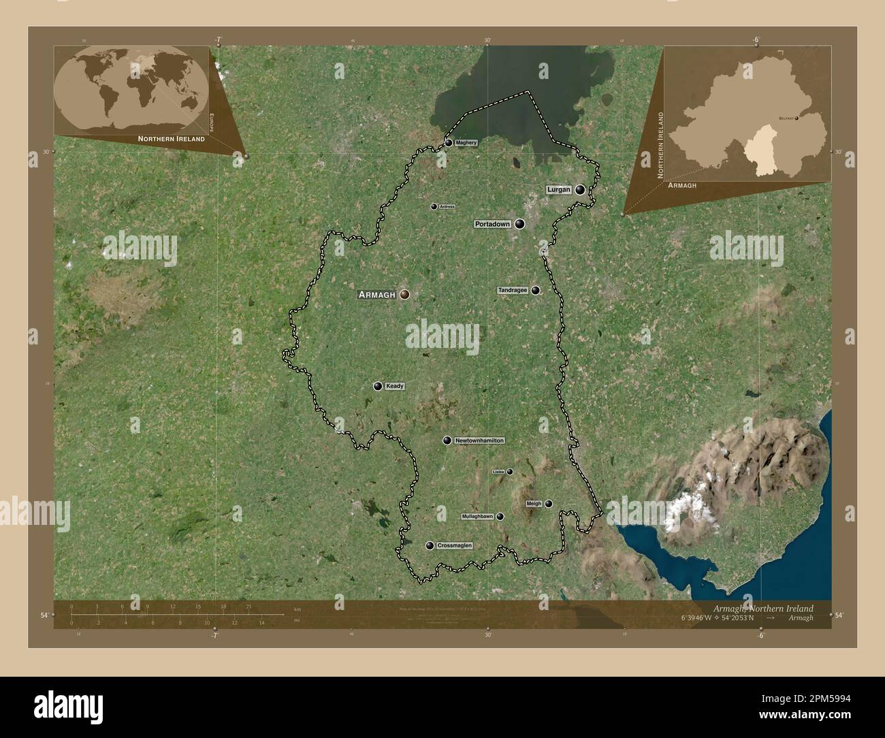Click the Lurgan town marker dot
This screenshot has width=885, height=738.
click(x=580, y=190)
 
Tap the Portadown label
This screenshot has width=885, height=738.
click(x=492, y=224)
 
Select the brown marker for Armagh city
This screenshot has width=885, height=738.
click(x=404, y=294)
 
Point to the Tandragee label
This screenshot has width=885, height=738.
click(x=513, y=291)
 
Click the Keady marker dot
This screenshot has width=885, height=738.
click(x=378, y=386)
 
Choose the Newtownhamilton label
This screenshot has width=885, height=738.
click(x=479, y=441)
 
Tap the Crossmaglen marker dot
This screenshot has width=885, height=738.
click(x=430, y=545)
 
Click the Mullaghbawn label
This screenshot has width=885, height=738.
click(x=478, y=517)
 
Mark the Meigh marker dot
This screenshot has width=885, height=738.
click(x=549, y=504)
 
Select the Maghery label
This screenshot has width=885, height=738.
click(x=466, y=143)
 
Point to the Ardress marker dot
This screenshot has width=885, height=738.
click(x=434, y=206)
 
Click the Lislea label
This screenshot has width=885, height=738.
click(x=498, y=472)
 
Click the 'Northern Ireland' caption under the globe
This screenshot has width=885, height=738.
click(x=171, y=138)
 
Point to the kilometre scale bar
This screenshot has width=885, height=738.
click(x=177, y=614)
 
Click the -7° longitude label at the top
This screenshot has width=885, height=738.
click(x=217, y=40)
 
